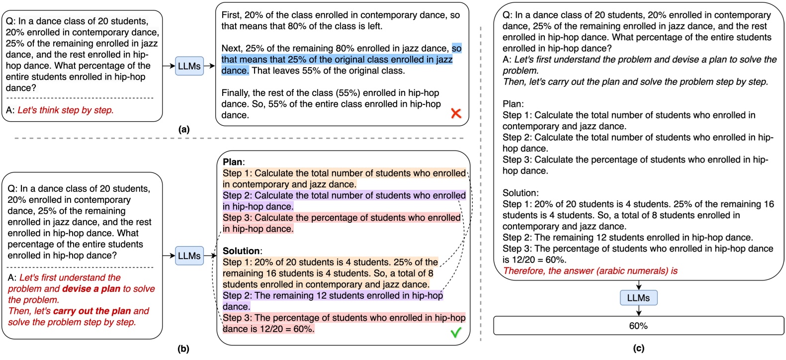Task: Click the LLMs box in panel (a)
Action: (189, 66)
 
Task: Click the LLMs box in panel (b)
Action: (189, 256)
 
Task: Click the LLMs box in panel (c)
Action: (638, 298)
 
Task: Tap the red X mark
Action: (456, 113)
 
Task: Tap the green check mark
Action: (456, 333)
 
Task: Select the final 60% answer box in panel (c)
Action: (638, 326)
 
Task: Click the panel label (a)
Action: (184, 130)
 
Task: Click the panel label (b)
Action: (183, 349)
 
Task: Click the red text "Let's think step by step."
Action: (66, 110)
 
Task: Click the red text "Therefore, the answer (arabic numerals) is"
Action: (590, 271)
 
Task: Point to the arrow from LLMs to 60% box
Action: (638, 311)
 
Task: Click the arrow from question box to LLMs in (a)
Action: (169, 66)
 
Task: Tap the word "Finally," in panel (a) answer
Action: (236, 93)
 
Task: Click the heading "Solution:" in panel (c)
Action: (520, 193)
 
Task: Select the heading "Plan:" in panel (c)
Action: (513, 104)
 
